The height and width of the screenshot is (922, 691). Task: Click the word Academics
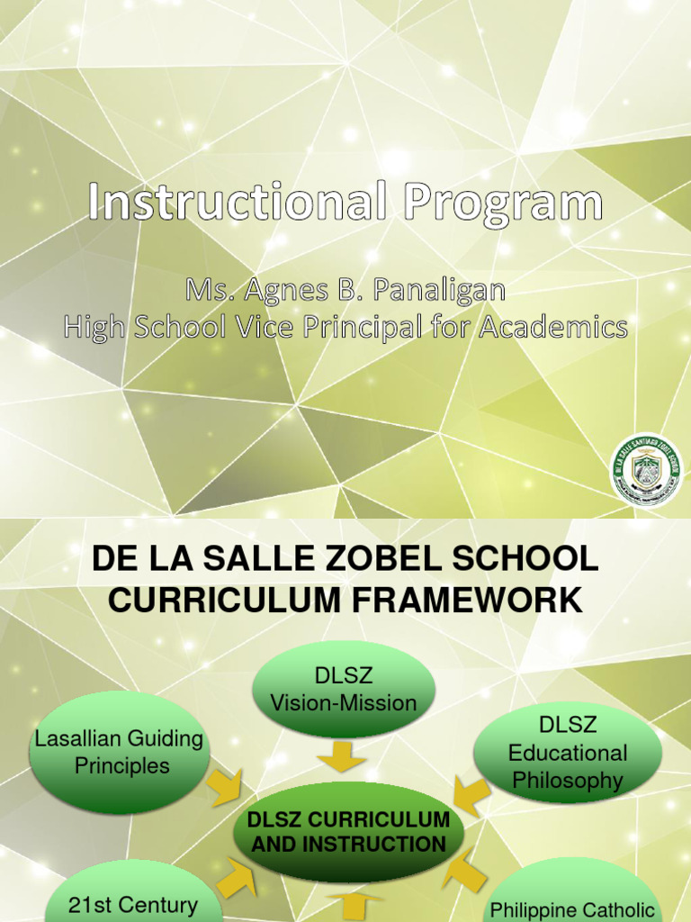tap(552, 327)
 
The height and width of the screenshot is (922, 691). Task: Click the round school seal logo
tap(647, 469)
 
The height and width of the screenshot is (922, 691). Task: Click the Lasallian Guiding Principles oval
tap(120, 753)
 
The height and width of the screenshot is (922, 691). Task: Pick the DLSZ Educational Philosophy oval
tap(568, 753)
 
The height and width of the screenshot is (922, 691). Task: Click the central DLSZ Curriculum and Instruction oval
tap(348, 832)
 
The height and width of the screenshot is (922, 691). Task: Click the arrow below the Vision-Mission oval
tap(341, 755)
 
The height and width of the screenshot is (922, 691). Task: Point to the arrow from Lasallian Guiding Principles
tap(223, 788)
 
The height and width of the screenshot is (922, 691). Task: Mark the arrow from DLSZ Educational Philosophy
tap(470, 797)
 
